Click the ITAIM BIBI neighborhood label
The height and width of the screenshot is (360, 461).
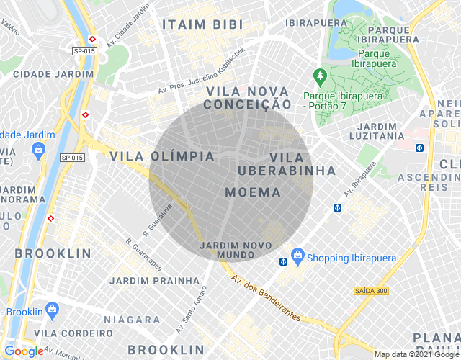tap(202, 24)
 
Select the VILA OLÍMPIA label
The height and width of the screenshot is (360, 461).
tap(162, 156)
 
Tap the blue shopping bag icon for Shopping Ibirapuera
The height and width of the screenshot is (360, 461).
tap(297, 256)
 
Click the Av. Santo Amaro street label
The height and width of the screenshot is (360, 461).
tap(192, 307)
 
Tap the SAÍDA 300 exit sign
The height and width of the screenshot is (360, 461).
tap(372, 290)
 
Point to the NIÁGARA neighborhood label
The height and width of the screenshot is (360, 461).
tap(132, 319)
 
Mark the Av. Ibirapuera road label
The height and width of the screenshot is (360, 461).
tap(360, 180)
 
